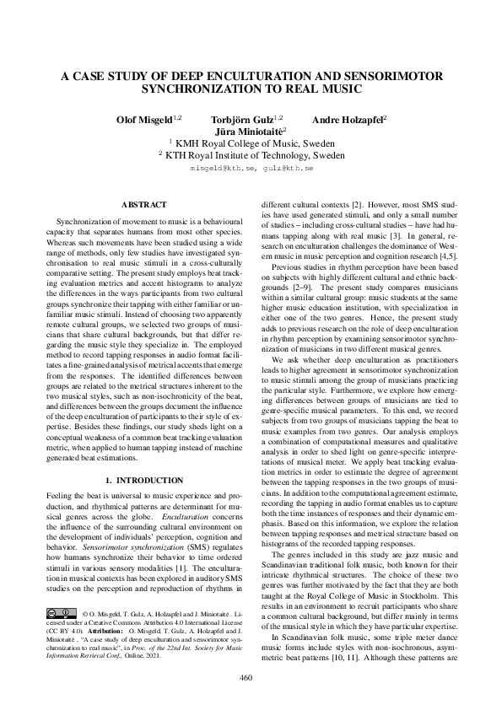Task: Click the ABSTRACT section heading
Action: [144, 205]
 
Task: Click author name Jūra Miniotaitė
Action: [250, 132]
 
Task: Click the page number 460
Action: [246, 678]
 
